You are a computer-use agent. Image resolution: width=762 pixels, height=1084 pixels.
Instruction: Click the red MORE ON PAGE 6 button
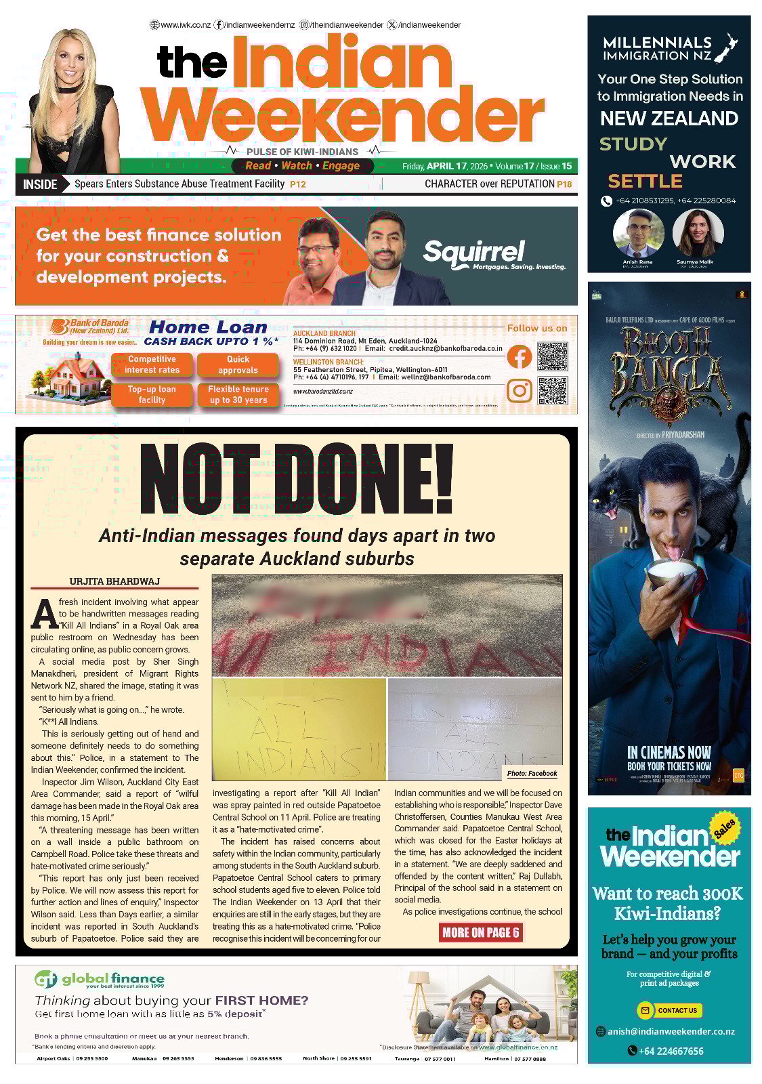coord(481,932)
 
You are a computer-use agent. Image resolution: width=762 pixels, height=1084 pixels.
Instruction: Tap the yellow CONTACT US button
coord(670,1010)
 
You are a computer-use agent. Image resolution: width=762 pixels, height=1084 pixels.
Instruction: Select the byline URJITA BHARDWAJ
coord(114,581)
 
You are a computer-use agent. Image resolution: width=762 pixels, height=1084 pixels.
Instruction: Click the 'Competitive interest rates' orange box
coord(152,364)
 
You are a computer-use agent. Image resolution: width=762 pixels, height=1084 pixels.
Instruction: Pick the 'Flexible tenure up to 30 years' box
coord(238,394)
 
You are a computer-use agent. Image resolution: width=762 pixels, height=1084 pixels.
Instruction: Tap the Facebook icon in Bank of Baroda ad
coord(519,356)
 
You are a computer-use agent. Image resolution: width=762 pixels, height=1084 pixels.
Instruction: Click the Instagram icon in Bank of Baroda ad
coord(519,391)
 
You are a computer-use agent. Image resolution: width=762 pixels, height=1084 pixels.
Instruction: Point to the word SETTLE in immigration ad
coord(645,181)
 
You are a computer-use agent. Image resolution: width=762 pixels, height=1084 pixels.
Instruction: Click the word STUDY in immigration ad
coord(633,144)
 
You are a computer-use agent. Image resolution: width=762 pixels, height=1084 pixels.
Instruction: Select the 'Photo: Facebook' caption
coord(532,773)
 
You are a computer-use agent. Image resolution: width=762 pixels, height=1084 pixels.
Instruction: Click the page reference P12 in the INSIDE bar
coord(297,184)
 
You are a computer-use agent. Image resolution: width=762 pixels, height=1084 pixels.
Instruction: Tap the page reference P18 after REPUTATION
coord(564,184)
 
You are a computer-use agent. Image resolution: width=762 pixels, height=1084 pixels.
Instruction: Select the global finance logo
coord(100,980)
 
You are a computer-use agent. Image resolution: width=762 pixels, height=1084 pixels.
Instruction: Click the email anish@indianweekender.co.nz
coord(671,1031)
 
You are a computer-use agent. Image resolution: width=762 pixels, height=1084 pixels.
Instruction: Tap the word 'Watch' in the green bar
coord(297,166)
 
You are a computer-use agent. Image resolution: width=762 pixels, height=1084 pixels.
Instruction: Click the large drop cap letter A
coord(45,613)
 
